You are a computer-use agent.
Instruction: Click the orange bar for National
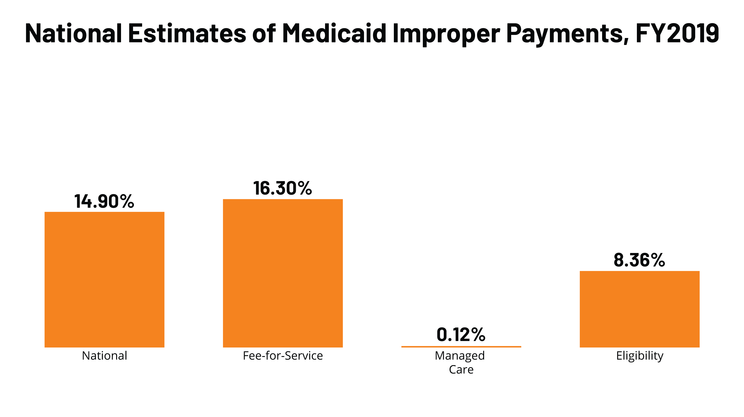104,279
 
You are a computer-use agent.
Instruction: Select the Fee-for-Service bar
283,273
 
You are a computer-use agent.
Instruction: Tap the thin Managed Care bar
461,347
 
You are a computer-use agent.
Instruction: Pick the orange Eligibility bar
639,309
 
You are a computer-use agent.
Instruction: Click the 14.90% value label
104,201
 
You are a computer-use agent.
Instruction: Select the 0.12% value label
461,335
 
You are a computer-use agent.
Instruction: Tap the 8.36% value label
639,260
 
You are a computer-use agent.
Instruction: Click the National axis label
104,356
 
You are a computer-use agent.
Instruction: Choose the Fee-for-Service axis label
283,356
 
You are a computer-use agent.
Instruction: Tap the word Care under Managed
461,369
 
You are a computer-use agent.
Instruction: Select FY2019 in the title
677,33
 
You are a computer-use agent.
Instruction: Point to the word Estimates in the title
187,33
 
